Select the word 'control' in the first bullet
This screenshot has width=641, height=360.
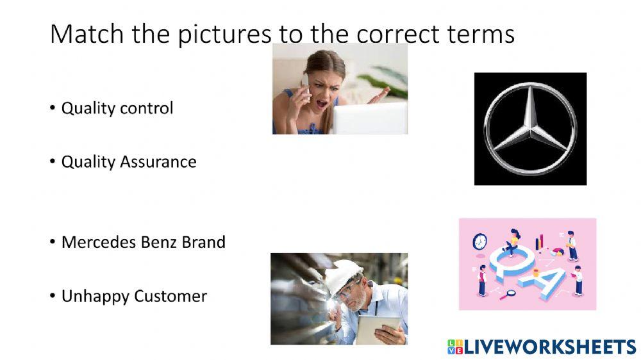coord(146,108)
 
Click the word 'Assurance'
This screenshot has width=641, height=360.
coord(158,162)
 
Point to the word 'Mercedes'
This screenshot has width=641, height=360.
coord(99,242)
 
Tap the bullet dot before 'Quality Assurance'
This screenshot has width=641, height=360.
coord(53,162)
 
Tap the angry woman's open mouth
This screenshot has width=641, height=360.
coord(322,103)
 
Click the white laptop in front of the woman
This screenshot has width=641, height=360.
coord(370,119)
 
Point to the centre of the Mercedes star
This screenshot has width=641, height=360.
coord(531,129)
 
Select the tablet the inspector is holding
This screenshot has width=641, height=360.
coord(378,329)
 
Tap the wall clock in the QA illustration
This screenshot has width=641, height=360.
coord(480,242)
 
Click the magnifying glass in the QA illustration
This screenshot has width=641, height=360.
coord(507,294)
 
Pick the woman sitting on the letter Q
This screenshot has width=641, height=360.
coord(512,242)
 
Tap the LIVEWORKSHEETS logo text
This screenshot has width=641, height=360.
coord(549,347)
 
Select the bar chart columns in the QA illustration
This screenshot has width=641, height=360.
coord(540,242)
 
